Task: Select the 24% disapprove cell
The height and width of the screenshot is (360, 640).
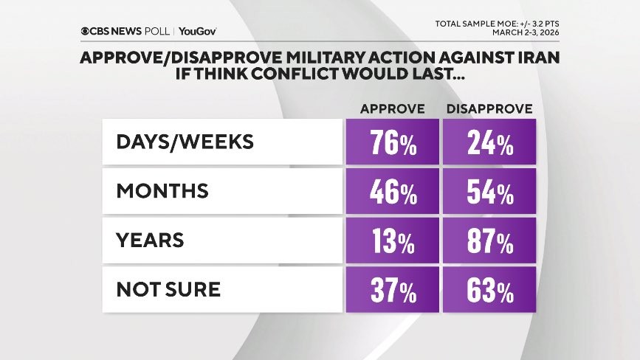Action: pyautogui.click(x=489, y=142)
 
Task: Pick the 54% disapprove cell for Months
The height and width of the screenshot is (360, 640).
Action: pyautogui.click(x=489, y=192)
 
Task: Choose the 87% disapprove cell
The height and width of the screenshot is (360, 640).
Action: pyautogui.click(x=489, y=240)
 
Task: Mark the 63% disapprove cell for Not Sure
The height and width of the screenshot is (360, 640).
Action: pyautogui.click(x=489, y=290)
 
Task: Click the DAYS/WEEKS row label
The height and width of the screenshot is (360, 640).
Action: pyautogui.click(x=185, y=142)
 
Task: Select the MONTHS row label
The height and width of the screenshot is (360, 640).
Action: pyautogui.click(x=162, y=191)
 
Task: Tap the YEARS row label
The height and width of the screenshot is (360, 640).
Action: pyautogui.click(x=150, y=240)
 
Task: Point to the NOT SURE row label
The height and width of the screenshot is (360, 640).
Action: pyautogui.click(x=168, y=289)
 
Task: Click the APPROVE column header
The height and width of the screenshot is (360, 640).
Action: pyautogui.click(x=392, y=109)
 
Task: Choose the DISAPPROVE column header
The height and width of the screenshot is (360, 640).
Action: pyautogui.click(x=489, y=109)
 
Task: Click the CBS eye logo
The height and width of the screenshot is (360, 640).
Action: pyautogui.click(x=87, y=31)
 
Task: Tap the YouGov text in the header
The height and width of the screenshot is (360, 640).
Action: pyautogui.click(x=197, y=31)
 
